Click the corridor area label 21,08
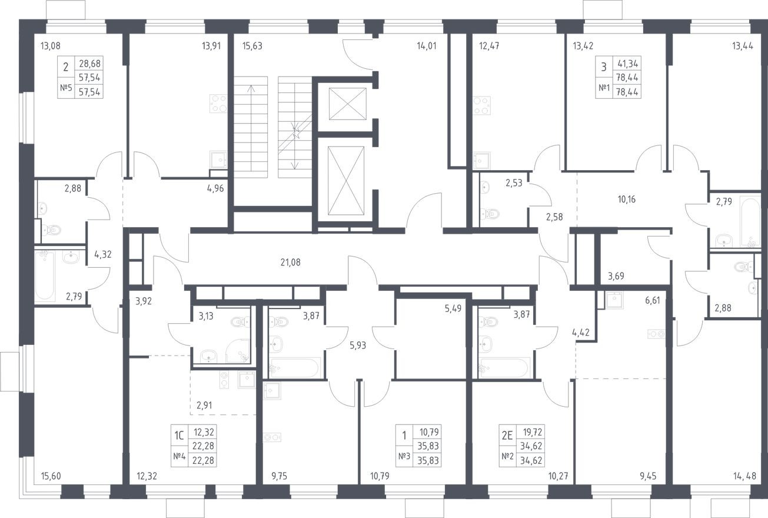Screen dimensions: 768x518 [290, 263]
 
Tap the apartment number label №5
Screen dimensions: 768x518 [66, 88]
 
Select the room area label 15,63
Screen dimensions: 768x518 [252, 46]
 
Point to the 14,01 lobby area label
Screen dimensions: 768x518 [427, 46]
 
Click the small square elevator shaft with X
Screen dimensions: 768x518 [348, 104]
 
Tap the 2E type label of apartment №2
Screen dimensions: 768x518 [507, 436]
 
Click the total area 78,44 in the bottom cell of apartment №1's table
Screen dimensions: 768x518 [627, 92]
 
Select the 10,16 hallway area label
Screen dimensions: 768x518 [626, 200]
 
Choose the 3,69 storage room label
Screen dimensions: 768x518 [616, 276]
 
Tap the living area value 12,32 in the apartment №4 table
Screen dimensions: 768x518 [204, 432]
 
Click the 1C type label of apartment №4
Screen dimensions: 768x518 [179, 436]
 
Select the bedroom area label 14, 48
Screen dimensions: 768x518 [744, 476]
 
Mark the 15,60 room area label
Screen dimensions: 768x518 [51, 476]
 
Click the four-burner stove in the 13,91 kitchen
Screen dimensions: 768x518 [218, 104]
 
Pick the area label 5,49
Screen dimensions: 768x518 [453, 308]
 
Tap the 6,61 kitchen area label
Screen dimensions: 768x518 [652, 301]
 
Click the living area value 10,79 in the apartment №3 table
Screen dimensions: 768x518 [429, 432]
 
